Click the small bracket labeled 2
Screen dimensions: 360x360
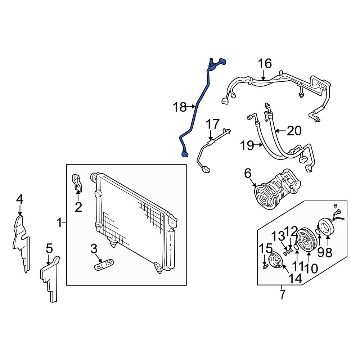[x=78, y=183]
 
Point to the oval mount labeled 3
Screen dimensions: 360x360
[x=104, y=265]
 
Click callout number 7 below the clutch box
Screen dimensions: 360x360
[x=282, y=294]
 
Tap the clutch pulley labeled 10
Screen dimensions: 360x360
[x=306, y=240]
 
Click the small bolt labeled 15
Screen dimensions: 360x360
[x=266, y=266]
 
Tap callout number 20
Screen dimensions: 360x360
[x=294, y=131]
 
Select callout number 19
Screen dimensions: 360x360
[x=247, y=145]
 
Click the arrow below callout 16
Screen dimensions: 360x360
[x=264, y=75]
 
